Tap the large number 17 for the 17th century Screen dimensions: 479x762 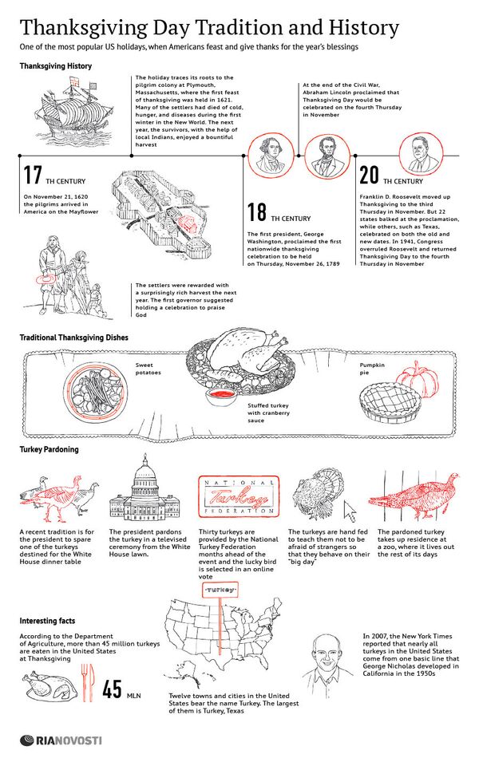33,176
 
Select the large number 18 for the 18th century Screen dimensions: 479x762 257,212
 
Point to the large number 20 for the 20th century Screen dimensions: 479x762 369,176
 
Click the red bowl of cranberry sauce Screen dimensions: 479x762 221,395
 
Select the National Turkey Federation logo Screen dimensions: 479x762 239,495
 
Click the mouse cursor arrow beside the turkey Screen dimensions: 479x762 350,511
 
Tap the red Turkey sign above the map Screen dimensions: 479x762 220,590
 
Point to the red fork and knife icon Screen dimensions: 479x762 88,682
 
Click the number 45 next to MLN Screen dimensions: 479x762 112,689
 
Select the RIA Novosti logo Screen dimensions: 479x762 61,741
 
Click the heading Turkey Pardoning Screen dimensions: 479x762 49,449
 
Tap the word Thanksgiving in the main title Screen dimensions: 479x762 83,29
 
